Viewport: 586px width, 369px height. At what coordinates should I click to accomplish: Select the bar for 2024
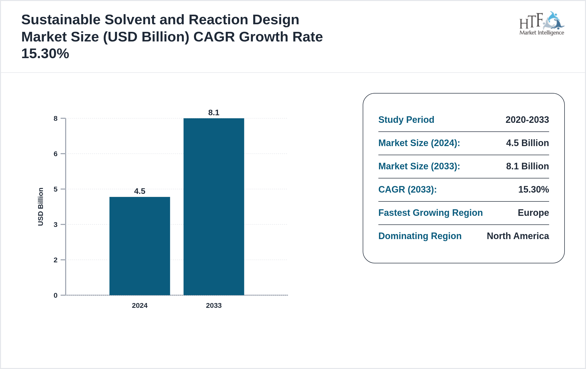click(x=140, y=246)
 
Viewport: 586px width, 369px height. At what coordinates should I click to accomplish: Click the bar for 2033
click(x=214, y=206)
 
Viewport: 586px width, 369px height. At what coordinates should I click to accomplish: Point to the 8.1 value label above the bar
click(x=214, y=112)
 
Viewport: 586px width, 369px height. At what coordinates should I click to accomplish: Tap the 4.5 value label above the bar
click(x=140, y=191)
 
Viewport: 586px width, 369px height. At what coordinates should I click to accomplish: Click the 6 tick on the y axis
click(x=56, y=154)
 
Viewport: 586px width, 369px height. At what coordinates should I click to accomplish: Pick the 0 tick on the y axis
click(x=56, y=295)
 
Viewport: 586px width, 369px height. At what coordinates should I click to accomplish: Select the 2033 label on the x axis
click(x=214, y=305)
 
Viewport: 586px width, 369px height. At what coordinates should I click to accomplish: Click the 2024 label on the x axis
click(x=140, y=305)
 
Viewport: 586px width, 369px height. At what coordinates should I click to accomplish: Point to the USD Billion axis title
click(x=41, y=206)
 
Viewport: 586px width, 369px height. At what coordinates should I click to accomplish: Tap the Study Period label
click(x=406, y=120)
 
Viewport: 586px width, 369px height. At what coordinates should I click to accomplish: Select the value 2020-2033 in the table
click(x=527, y=120)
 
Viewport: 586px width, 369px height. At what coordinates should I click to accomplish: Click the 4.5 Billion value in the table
click(x=527, y=143)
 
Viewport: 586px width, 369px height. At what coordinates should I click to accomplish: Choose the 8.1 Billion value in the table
click(x=527, y=166)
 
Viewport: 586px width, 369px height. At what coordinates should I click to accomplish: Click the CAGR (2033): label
click(x=407, y=189)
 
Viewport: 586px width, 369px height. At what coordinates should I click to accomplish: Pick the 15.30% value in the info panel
click(x=533, y=189)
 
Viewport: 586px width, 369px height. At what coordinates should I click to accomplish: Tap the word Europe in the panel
click(x=533, y=213)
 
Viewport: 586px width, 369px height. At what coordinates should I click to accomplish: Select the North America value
click(x=518, y=236)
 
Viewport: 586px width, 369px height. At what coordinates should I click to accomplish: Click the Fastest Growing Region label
click(x=430, y=213)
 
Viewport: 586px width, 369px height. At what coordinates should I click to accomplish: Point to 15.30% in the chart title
click(x=45, y=54)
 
